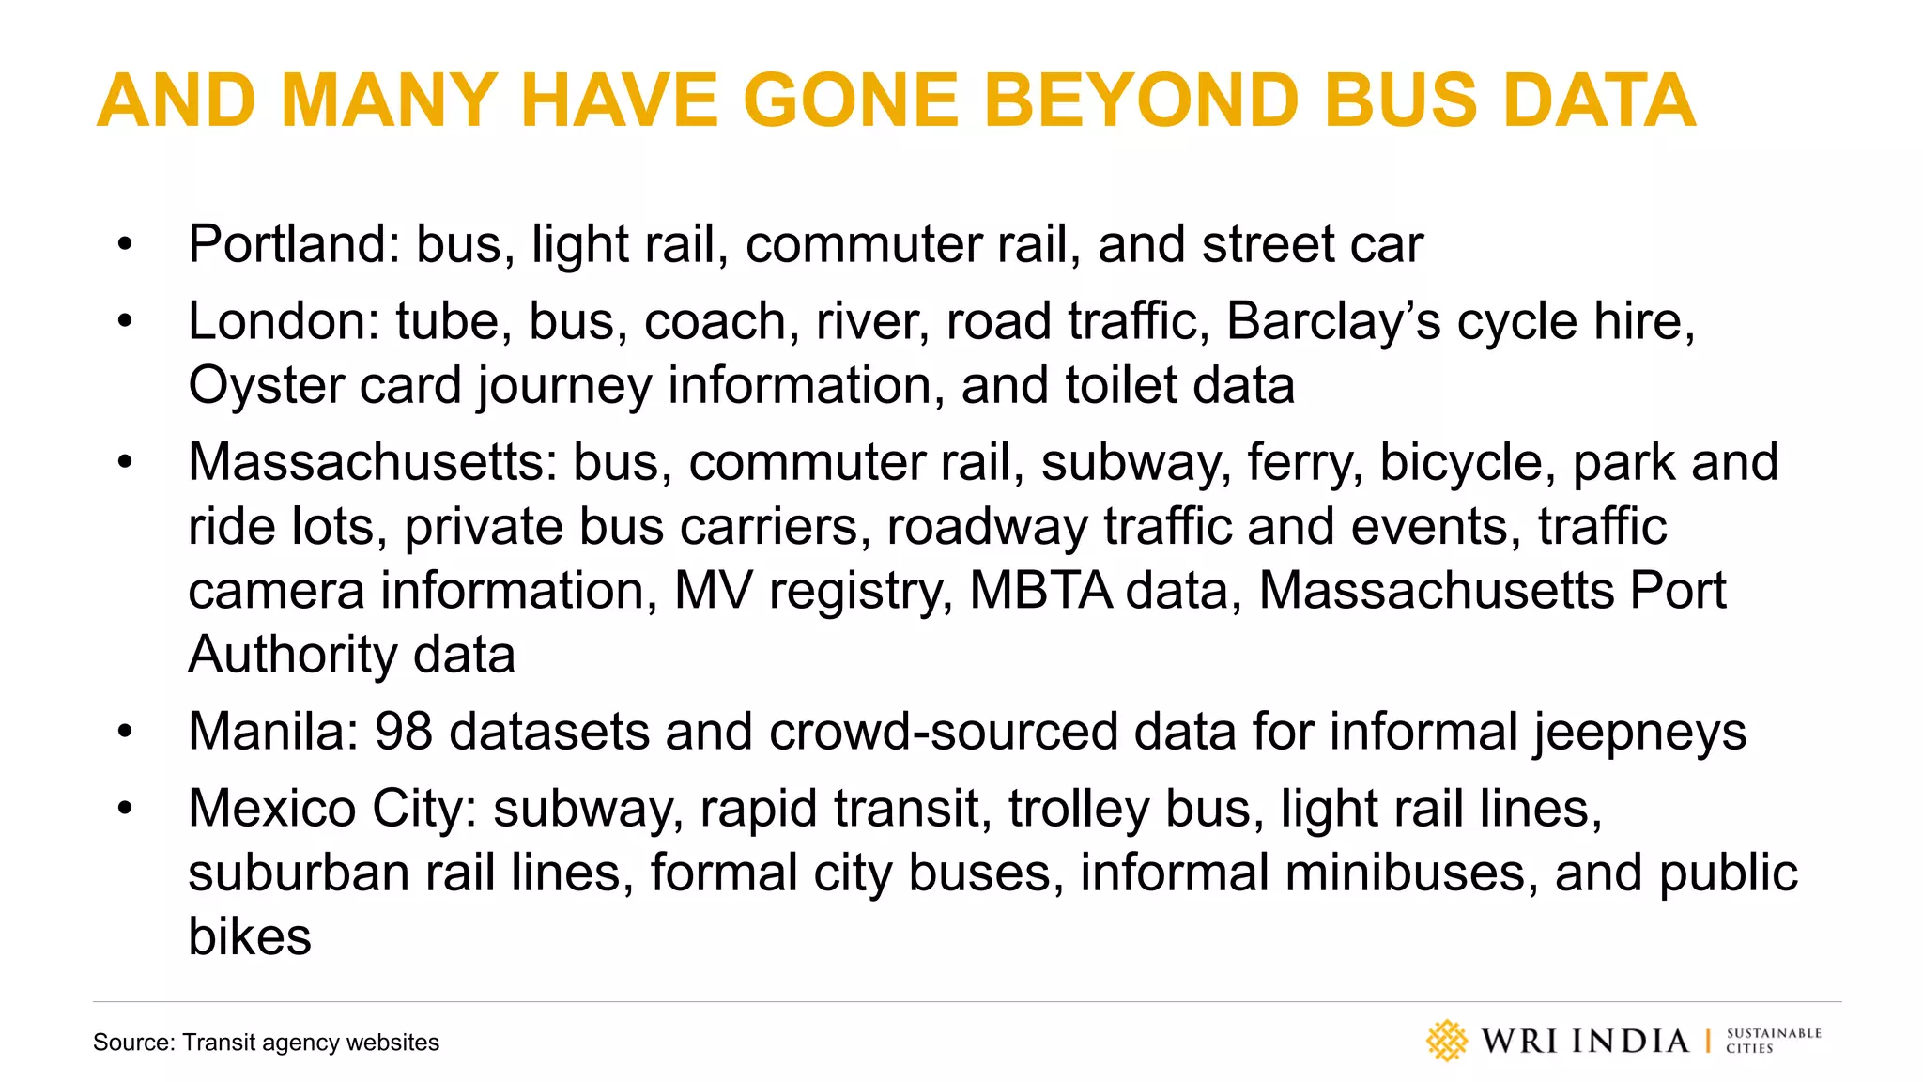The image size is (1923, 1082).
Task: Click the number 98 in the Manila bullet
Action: [404, 732]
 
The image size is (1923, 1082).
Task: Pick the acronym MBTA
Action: [1040, 591]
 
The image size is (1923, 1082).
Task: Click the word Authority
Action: [292, 656]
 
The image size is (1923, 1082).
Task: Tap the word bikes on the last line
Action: [249, 936]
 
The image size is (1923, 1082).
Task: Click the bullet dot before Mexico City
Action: [126, 809]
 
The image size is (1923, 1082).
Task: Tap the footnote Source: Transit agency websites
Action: [266, 1043]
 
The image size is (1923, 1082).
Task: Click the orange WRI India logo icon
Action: [1446, 1041]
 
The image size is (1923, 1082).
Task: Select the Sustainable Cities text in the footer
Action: [1773, 1041]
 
